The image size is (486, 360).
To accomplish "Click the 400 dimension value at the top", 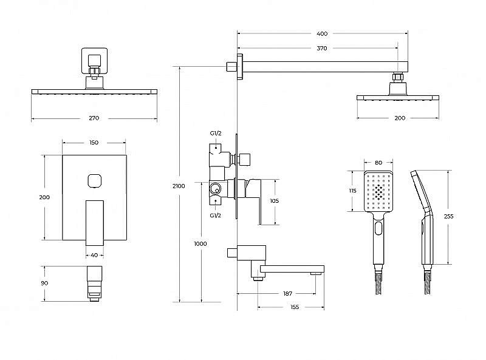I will pyautogui.click(x=322, y=34).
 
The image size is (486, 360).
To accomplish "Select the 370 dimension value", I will pyautogui.click(x=322, y=48).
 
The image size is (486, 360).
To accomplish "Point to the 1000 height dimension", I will pyautogui.click(x=200, y=243).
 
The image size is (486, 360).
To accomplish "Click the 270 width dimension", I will pyautogui.click(x=94, y=118).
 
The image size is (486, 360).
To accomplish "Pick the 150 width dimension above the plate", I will pyautogui.click(x=94, y=143).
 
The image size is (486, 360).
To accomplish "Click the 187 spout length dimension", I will pyautogui.click(x=287, y=293).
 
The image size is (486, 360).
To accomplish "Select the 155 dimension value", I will pyautogui.click(x=294, y=307).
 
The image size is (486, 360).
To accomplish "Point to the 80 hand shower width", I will pyautogui.click(x=378, y=163).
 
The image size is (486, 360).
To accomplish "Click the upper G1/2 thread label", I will pyautogui.click(x=215, y=134).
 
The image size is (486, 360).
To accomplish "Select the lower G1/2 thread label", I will pyautogui.click(x=215, y=216).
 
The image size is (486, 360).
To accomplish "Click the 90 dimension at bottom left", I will pyautogui.click(x=45, y=283).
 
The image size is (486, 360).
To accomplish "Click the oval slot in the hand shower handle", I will pyautogui.click(x=380, y=229).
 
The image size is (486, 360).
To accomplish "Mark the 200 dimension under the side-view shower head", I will pyautogui.click(x=399, y=118).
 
